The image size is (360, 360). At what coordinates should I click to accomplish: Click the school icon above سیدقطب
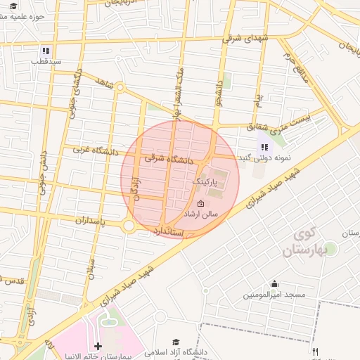[46, 51]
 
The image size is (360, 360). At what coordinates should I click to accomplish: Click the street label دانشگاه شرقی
[169, 160]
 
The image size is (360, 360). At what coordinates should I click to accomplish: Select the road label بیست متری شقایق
[277, 121]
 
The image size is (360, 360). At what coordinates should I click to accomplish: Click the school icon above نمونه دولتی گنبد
[264, 147]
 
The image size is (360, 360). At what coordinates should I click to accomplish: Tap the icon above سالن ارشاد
[201, 203]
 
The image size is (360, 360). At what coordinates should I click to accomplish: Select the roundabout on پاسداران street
[129, 226]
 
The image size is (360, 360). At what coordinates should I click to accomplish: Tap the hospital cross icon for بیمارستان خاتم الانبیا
[98, 346]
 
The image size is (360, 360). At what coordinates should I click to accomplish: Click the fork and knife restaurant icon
[316, 352]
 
